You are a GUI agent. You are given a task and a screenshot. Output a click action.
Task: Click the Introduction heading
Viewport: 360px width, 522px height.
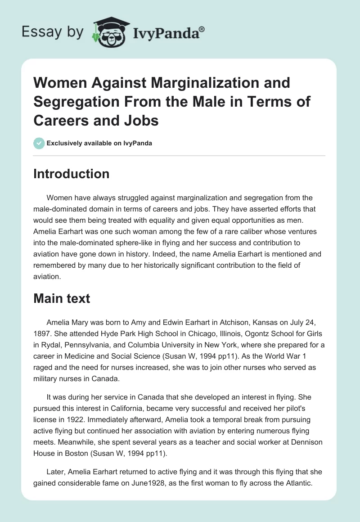point(71,174)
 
